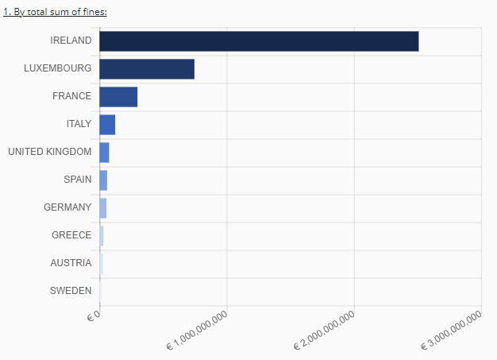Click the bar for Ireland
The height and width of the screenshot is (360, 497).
point(259,41)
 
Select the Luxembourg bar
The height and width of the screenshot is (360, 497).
point(147,69)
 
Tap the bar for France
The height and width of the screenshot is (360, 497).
point(118,97)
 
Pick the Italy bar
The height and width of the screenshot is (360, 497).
point(107,125)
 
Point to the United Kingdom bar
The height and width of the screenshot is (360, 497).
point(104,153)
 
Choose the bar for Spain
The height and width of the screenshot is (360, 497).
point(103,180)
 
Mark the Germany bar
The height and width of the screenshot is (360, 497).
point(102,208)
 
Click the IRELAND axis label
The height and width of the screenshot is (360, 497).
point(71,41)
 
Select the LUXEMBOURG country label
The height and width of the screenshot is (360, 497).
point(57,68)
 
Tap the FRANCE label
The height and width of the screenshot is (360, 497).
point(71,96)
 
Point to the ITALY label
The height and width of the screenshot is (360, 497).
point(79,124)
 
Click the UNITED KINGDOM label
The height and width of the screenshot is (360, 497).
point(49,152)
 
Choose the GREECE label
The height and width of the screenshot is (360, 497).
point(71,235)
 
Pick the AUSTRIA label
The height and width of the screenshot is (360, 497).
point(71,263)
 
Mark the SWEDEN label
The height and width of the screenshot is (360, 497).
point(71,291)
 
